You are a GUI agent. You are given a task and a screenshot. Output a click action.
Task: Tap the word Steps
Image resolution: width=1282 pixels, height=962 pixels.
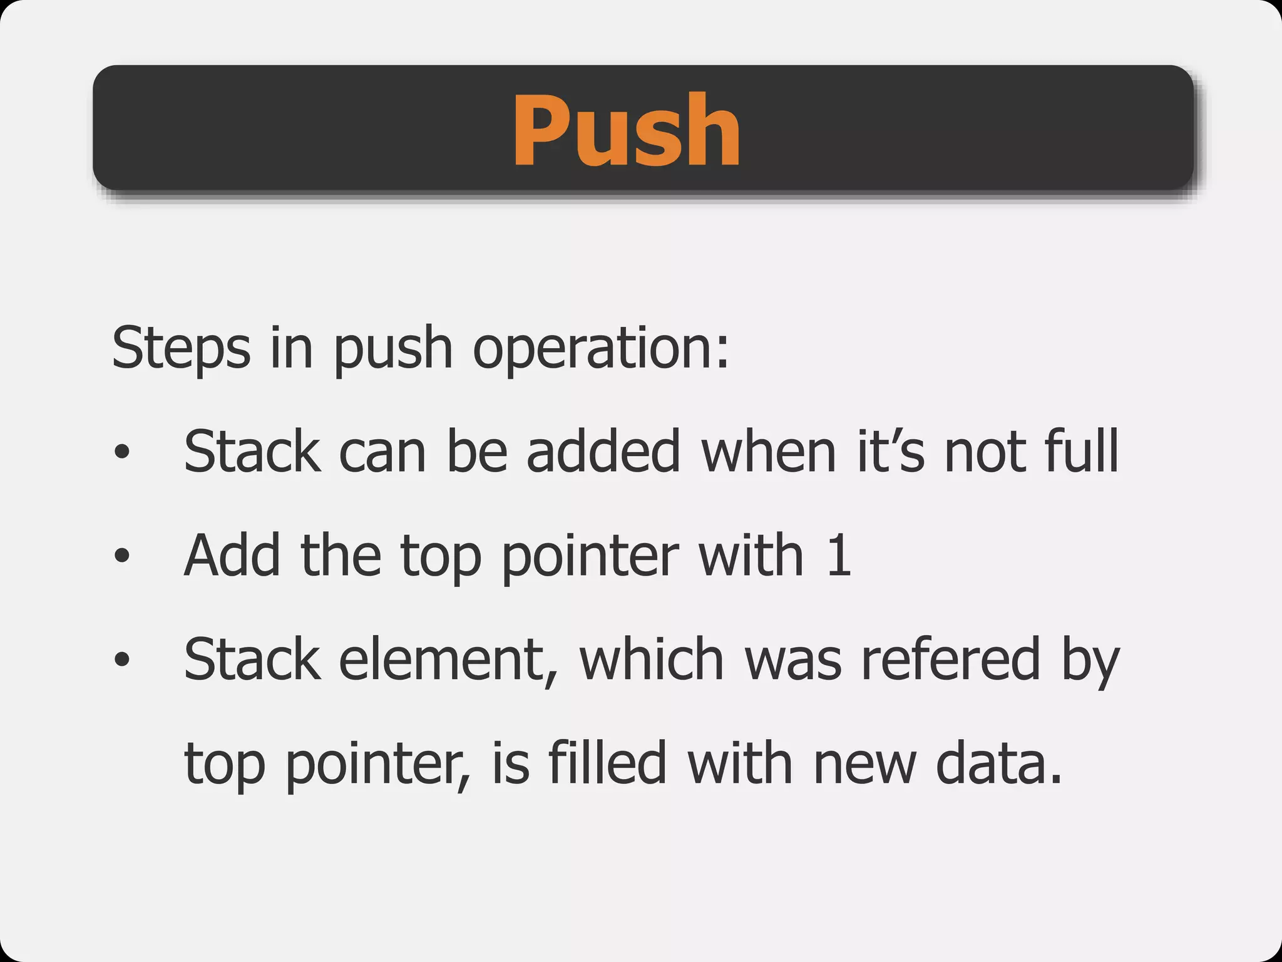pos(181,348)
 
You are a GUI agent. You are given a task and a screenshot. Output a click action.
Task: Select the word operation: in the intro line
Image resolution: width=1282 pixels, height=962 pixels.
pos(601,348)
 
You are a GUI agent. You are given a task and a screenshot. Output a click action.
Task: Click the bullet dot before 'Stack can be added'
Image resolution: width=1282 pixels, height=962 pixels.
pos(122,452)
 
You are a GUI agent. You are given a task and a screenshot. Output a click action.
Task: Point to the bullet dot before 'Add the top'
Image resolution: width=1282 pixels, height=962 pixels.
pos(122,555)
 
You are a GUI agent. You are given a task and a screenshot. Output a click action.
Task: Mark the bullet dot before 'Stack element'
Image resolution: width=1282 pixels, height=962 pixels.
pos(122,659)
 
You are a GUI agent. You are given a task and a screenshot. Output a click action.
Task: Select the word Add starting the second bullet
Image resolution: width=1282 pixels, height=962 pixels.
pos(232,555)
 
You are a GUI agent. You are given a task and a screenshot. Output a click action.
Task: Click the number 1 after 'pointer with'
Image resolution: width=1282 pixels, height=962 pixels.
pos(839,555)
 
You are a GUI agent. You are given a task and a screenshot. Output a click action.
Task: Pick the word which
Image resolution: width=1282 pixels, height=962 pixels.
pos(652,659)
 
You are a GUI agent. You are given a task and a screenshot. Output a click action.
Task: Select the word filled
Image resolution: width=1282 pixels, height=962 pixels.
pos(607,762)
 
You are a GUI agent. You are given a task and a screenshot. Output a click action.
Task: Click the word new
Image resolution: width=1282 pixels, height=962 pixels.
pos(864,762)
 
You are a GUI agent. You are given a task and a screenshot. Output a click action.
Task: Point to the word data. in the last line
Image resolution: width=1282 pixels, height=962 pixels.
pos(999,762)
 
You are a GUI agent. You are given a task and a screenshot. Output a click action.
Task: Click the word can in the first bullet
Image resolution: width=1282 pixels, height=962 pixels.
pos(382,452)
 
